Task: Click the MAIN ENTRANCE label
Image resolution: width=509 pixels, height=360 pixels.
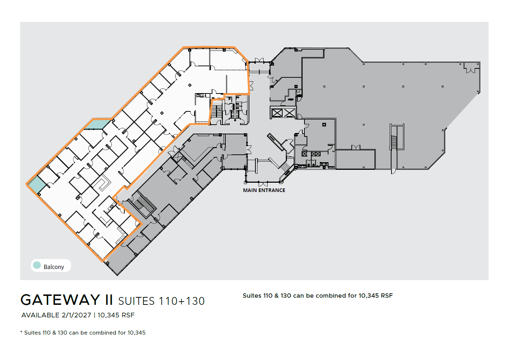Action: coord(264,190)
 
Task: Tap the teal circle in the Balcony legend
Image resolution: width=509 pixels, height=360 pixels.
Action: coord(37,265)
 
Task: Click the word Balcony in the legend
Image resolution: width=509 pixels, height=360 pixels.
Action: coord(54,267)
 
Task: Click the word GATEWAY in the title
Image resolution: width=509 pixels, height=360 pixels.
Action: coord(60,300)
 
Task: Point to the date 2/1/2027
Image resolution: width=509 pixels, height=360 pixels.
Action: coord(76,315)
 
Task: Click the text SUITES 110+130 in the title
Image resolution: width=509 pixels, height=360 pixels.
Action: coord(161,301)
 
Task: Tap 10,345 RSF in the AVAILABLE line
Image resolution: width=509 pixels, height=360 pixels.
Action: coord(116,315)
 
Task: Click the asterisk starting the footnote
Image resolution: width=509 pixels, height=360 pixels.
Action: coord(21,332)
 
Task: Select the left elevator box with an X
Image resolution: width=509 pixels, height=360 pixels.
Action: coord(277,113)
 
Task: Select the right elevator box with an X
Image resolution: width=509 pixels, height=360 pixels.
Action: coord(289,113)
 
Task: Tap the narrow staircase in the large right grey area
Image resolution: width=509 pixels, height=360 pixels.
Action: coord(394,142)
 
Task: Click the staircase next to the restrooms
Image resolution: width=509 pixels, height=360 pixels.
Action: coord(216,111)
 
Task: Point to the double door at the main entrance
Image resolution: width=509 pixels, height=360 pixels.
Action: coord(263,184)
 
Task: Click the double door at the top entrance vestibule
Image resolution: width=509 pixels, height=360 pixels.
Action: coord(259,60)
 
